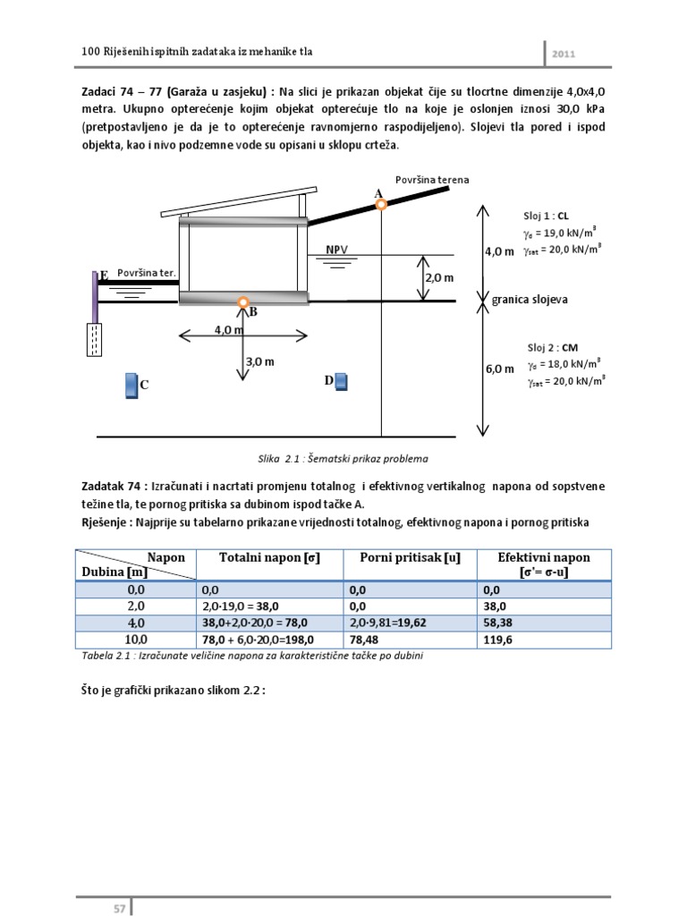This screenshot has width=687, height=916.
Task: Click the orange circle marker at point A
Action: coord(381,205)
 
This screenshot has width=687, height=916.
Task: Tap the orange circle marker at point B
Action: coord(242,302)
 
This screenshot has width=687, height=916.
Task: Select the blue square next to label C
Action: coord(131,385)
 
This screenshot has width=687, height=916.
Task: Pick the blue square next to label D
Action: coord(340,382)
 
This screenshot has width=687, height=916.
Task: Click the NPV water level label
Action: coord(337,249)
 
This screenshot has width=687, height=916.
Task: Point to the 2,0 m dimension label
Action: coord(439,278)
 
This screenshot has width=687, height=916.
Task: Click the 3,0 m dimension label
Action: coord(259,361)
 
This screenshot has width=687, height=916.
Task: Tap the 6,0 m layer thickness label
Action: coord(499,369)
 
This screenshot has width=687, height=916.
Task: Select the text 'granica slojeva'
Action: coord(529,301)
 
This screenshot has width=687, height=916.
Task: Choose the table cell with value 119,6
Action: coord(498,640)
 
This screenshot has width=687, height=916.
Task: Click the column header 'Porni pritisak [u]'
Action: coord(410,558)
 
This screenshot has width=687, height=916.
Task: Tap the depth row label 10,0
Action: coord(135,640)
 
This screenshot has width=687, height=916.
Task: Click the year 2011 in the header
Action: coord(563,54)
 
